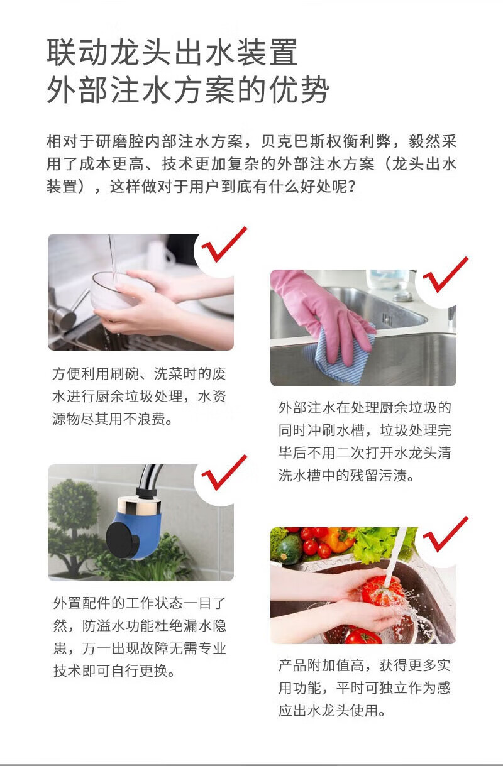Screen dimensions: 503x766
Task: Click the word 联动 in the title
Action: pos(79,52)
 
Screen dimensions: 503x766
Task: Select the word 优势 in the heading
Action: pos(298,90)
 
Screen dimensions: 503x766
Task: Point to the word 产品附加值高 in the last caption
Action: pos(321,665)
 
